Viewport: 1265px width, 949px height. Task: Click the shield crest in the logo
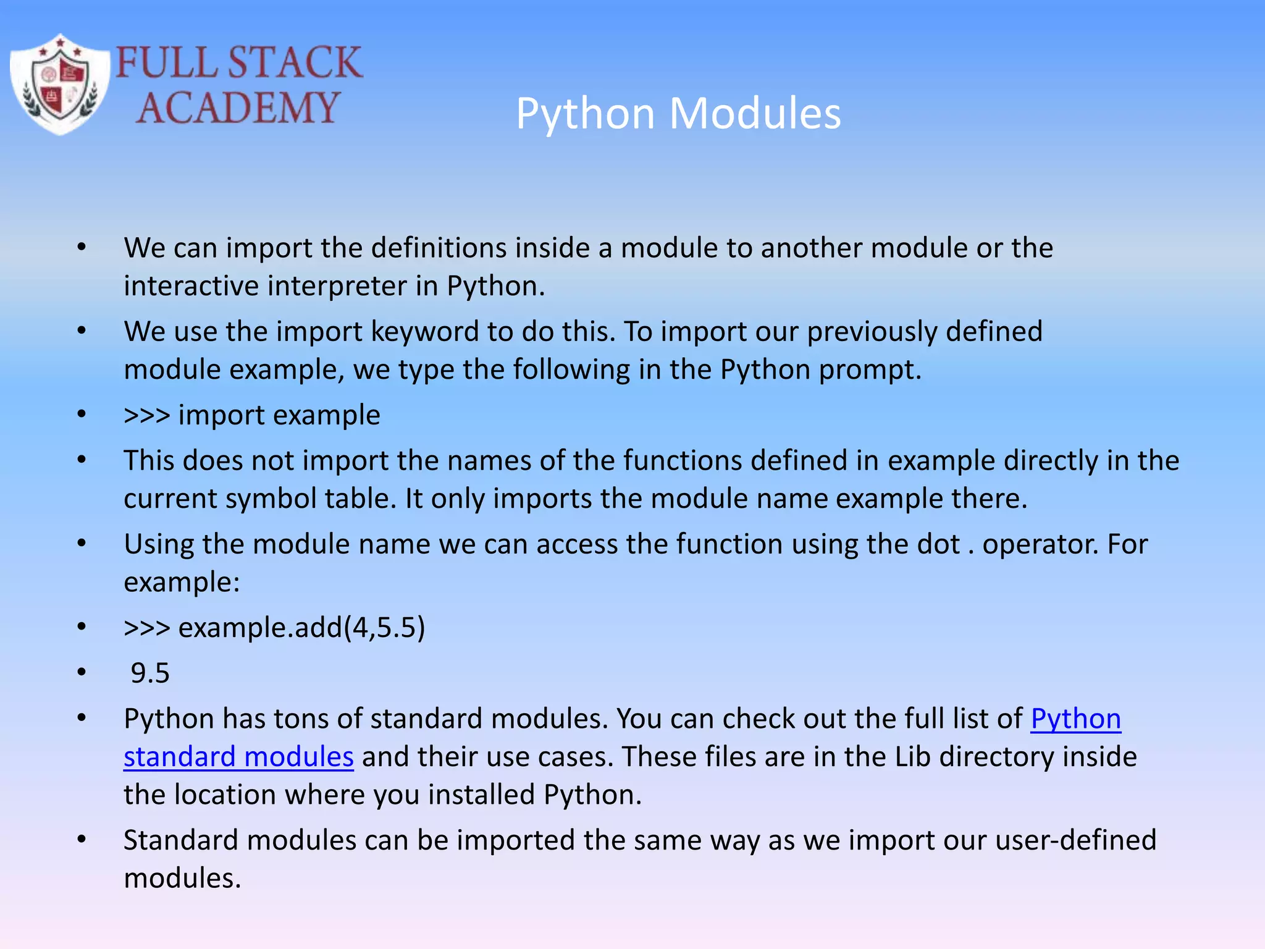click(x=60, y=85)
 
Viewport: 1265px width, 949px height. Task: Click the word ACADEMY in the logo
click(x=237, y=108)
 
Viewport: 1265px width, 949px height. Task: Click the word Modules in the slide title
click(x=755, y=114)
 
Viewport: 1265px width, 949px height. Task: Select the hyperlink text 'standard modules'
click(x=238, y=757)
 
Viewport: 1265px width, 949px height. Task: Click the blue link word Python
click(x=1075, y=719)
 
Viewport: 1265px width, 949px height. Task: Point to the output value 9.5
click(x=150, y=673)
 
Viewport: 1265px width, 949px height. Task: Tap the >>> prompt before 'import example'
click(x=146, y=415)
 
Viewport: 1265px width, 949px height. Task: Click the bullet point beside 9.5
click(x=82, y=673)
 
